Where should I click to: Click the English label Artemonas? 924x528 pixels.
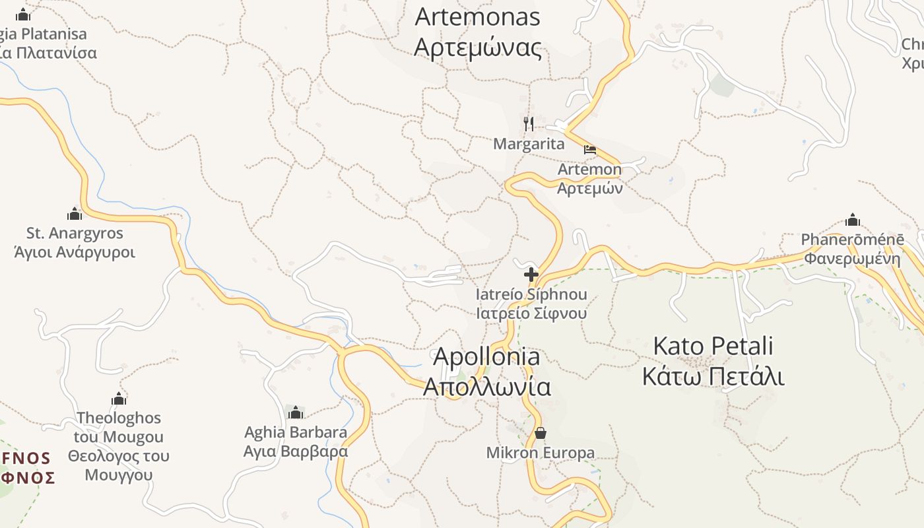coord(477,17)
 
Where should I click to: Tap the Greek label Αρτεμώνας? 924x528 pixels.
coord(477,48)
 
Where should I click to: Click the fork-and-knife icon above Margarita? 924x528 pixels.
coord(529,123)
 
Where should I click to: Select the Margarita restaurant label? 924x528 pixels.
coord(529,144)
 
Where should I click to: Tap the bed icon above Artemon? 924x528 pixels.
coord(590,150)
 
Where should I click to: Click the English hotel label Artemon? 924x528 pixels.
coord(589,169)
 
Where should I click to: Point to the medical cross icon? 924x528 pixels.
coord(531,275)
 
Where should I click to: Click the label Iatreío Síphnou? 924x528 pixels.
coord(531,294)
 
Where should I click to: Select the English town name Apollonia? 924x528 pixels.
coord(486,357)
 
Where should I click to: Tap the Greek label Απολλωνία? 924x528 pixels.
coord(486,387)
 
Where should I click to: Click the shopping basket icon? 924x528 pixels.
coord(541,433)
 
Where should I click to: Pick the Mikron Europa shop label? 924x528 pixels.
coord(541,453)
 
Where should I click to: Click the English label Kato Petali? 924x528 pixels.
coord(713,346)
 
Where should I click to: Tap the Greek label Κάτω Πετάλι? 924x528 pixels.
coord(713,377)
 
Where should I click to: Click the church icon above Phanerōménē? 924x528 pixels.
coord(853,220)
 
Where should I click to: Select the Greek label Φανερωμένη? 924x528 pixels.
coord(852,258)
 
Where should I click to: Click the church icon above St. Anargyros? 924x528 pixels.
coord(75,213)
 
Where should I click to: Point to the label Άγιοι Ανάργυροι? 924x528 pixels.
coord(75,252)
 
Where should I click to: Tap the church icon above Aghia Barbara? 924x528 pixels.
coord(296,412)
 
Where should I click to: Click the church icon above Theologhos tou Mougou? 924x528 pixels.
coord(119,399)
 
